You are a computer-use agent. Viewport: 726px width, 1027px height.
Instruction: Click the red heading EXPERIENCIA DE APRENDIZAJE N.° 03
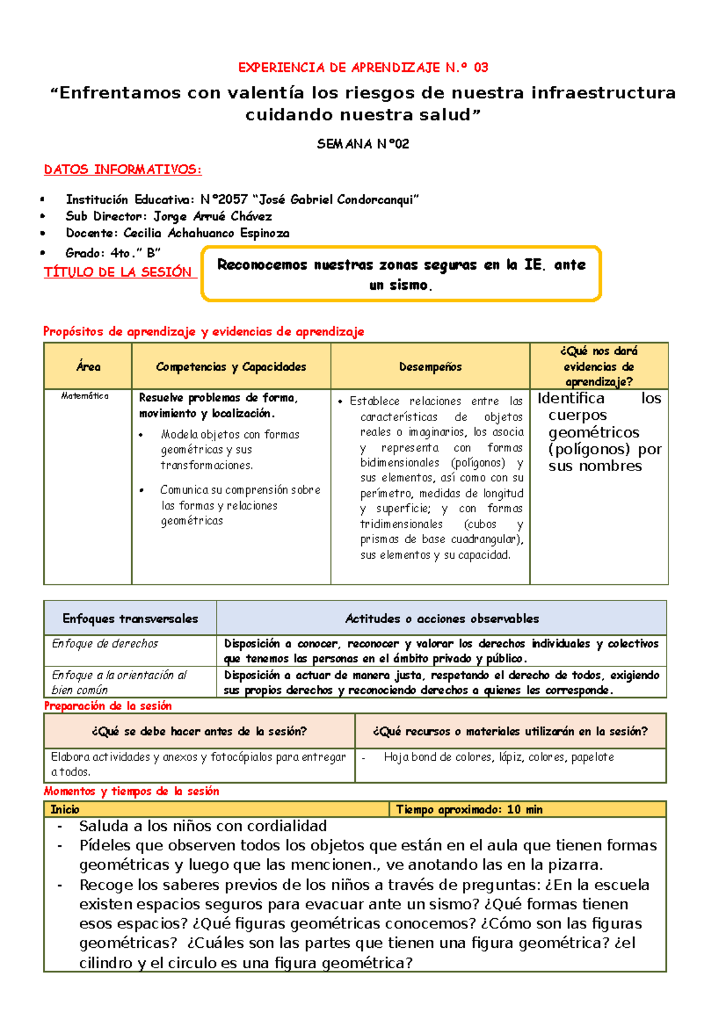pos(363,68)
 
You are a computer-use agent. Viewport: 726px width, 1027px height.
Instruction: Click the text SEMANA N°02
pos(363,144)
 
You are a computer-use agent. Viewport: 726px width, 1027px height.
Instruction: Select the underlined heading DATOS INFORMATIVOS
pos(123,170)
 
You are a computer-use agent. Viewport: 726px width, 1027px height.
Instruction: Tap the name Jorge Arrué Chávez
pos(212,217)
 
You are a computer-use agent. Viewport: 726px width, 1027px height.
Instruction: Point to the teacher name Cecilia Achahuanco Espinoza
pos(206,233)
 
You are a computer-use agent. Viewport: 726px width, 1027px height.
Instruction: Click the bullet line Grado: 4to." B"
pos(113,253)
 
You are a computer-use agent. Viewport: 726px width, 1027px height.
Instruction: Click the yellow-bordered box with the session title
pos(401,274)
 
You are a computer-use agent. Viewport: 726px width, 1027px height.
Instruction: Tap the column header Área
pos(88,367)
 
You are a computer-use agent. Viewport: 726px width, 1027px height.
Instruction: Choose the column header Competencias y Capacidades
pos(231,367)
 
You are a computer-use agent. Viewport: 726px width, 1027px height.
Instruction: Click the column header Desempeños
pos(430,367)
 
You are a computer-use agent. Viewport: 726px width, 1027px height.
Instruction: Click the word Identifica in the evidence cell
pos(571,399)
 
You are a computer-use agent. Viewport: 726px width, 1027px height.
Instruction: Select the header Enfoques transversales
pos(130,619)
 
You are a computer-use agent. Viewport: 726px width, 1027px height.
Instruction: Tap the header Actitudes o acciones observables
pos(442,619)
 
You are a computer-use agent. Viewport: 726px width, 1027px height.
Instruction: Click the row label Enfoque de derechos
pos(105,644)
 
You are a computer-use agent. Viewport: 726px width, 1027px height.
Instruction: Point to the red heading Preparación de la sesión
pos(108,706)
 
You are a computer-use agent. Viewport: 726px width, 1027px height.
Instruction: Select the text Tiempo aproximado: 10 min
pos(469,809)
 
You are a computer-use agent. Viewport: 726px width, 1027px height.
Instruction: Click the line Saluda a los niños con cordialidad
pos(203,826)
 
